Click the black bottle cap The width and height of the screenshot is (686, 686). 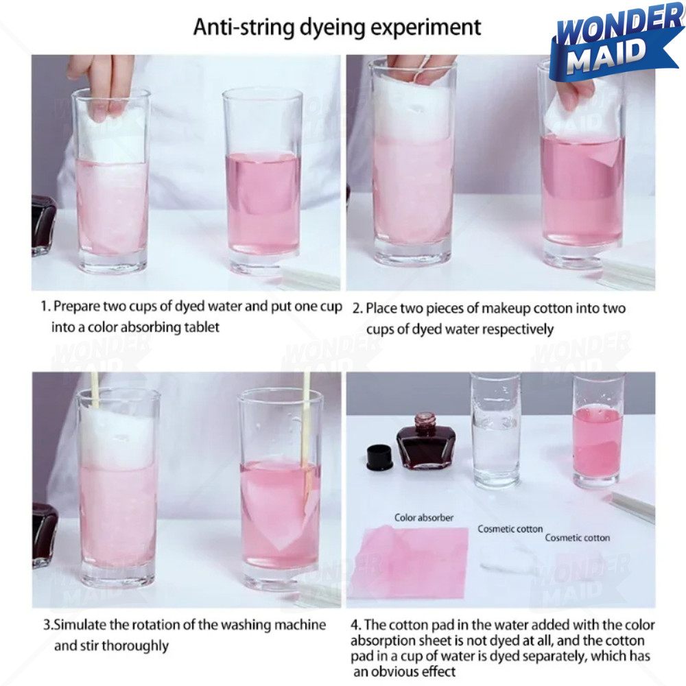pos(379,457)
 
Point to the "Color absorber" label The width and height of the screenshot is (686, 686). pos(423,517)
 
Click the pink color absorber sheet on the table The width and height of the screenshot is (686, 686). pos(409,563)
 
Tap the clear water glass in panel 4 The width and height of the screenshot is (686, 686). pos(496,431)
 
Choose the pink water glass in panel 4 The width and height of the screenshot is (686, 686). pos(598,431)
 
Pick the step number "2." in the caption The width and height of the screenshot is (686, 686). pos(357,309)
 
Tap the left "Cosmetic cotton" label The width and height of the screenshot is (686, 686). pos(510,529)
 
